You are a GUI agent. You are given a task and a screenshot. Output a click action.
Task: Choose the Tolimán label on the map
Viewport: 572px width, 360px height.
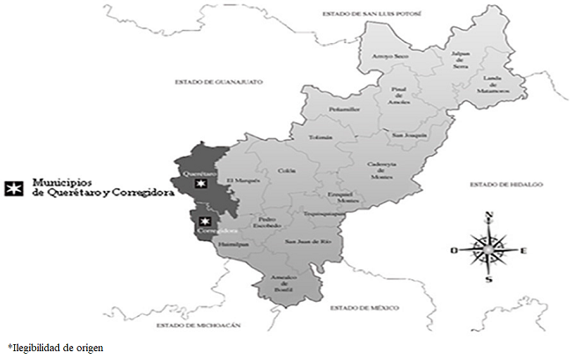(x=321, y=137)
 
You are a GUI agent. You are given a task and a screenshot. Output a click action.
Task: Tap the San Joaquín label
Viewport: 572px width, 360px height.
(x=409, y=135)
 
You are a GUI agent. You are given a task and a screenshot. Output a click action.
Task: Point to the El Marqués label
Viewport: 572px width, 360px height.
(x=241, y=182)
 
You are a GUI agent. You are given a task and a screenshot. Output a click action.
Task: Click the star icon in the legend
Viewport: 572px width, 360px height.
(x=14, y=188)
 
